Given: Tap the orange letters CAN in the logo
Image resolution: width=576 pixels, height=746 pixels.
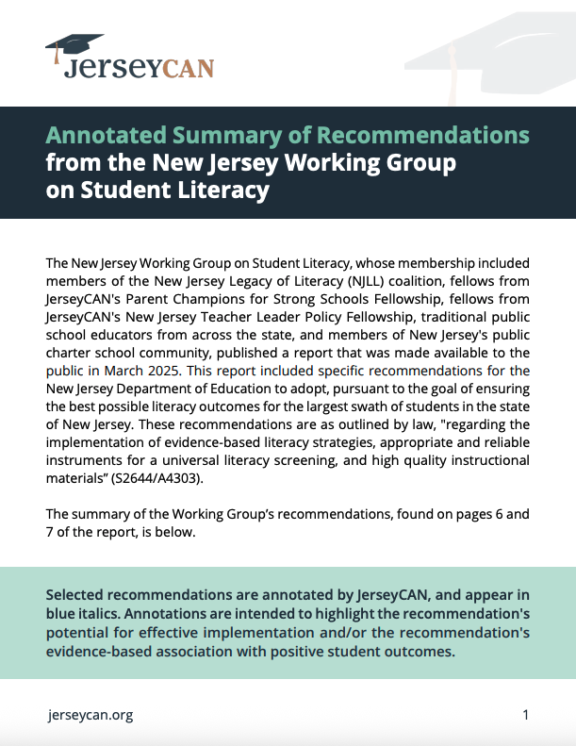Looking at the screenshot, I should (188, 67).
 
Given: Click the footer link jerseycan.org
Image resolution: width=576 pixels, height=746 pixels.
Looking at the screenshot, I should (90, 715).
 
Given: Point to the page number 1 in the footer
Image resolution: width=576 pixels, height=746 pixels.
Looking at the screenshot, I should (525, 715).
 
